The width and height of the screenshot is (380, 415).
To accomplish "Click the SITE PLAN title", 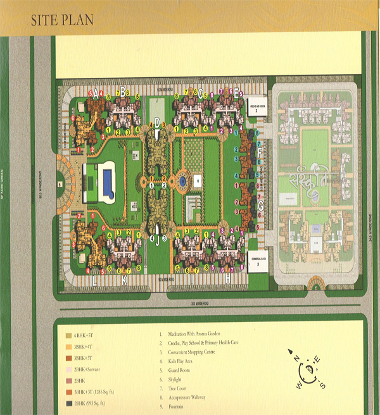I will click(63, 20).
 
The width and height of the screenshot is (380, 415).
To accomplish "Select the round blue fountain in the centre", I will click(182, 181).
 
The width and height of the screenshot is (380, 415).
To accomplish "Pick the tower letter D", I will click(157, 122).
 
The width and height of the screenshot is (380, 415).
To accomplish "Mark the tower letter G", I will click(259, 206).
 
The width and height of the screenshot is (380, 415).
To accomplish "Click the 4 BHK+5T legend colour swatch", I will click(68, 335).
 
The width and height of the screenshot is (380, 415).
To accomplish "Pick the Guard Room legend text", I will click(180, 371).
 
